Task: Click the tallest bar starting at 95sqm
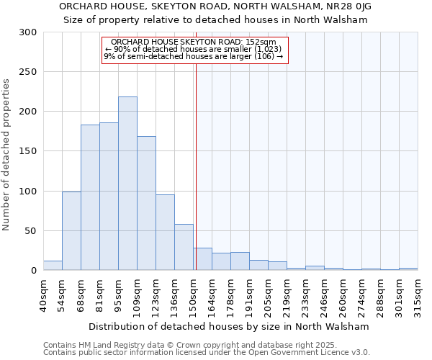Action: pos(127,184)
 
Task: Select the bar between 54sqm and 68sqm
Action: pos(71,231)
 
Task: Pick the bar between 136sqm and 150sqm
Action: pos(184,247)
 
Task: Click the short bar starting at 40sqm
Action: pos(53,266)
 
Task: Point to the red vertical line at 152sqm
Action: pos(196,166)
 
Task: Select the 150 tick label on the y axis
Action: pos(28,151)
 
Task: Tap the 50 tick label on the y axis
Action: pos(31,231)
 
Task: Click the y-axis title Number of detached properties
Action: pos(6,155)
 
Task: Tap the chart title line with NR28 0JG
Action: pos(215,6)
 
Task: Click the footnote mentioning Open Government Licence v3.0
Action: pos(207,353)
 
